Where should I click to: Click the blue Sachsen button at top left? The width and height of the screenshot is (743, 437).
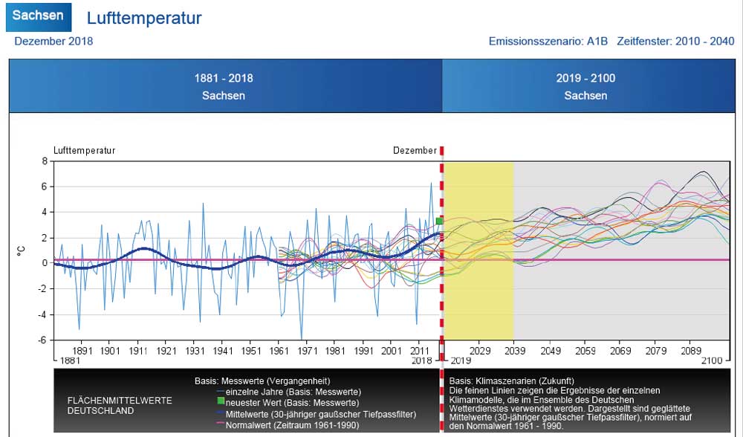pyautogui.click(x=38, y=16)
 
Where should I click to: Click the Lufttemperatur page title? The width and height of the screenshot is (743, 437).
pyautogui.click(x=144, y=18)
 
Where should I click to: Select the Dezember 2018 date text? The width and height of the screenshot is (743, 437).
pyautogui.click(x=53, y=41)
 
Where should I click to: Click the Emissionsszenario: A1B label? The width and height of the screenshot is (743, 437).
pyautogui.click(x=548, y=41)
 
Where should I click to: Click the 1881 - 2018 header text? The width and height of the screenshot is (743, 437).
pyautogui.click(x=224, y=78)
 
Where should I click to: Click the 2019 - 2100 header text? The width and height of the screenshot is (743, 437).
pyautogui.click(x=585, y=78)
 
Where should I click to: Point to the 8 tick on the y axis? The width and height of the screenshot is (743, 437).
pyautogui.click(x=45, y=161)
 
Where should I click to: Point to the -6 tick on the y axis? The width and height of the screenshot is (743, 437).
pyautogui.click(x=42, y=340)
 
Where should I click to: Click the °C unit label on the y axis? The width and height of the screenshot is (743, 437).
pyautogui.click(x=22, y=251)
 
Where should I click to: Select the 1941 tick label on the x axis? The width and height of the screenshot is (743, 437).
pyautogui.click(x=224, y=351)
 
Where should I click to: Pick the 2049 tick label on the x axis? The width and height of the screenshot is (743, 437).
pyautogui.click(x=551, y=351)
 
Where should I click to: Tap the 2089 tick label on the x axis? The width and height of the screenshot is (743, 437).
pyautogui.click(x=693, y=351)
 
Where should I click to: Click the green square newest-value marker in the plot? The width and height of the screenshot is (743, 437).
pyautogui.click(x=440, y=221)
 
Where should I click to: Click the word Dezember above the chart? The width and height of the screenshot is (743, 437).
pyautogui.click(x=415, y=150)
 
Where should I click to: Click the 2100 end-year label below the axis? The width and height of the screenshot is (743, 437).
pyautogui.click(x=712, y=360)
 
